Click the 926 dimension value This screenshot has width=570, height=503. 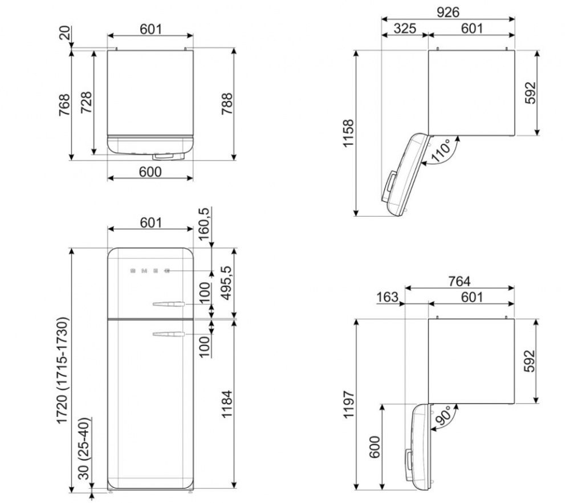pyautogui.click(x=448, y=12)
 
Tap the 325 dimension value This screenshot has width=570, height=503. pyautogui.click(x=405, y=29)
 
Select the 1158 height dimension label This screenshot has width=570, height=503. pyautogui.click(x=348, y=133)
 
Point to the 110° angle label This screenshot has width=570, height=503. pyautogui.click(x=441, y=150)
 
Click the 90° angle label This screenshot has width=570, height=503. pyautogui.click(x=443, y=415)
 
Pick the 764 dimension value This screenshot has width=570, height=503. pyautogui.click(x=459, y=281)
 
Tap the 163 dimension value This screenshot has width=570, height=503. pyautogui.click(x=387, y=297)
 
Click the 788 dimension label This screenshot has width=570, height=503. pyautogui.click(x=227, y=104)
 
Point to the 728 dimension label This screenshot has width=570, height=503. pyautogui.click(x=86, y=102)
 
